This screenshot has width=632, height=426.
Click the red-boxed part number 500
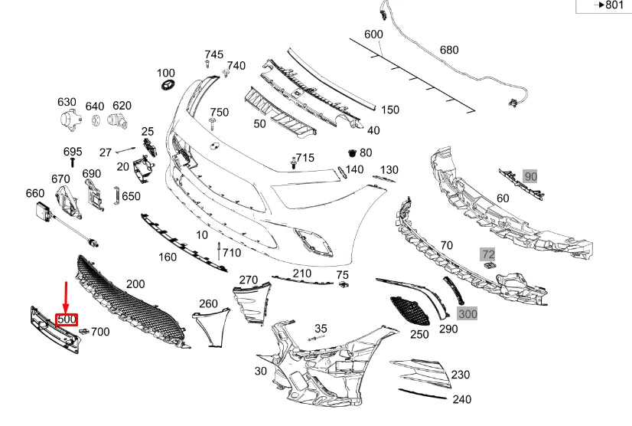(67, 319)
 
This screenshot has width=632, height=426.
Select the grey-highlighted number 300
(467, 314)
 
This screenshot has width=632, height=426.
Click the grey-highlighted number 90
(531, 177)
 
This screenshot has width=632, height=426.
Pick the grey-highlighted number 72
(487, 253)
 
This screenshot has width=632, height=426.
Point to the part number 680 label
(449, 50)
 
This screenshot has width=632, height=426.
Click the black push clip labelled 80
(353, 152)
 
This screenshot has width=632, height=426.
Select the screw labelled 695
(72, 162)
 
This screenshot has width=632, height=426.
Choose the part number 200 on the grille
(135, 283)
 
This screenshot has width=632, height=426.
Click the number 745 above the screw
(214, 54)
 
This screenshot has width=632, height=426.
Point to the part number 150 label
(390, 110)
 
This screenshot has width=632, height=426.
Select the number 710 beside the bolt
(231, 252)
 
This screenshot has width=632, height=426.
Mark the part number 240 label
(462, 399)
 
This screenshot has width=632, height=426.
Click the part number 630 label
(67, 102)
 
